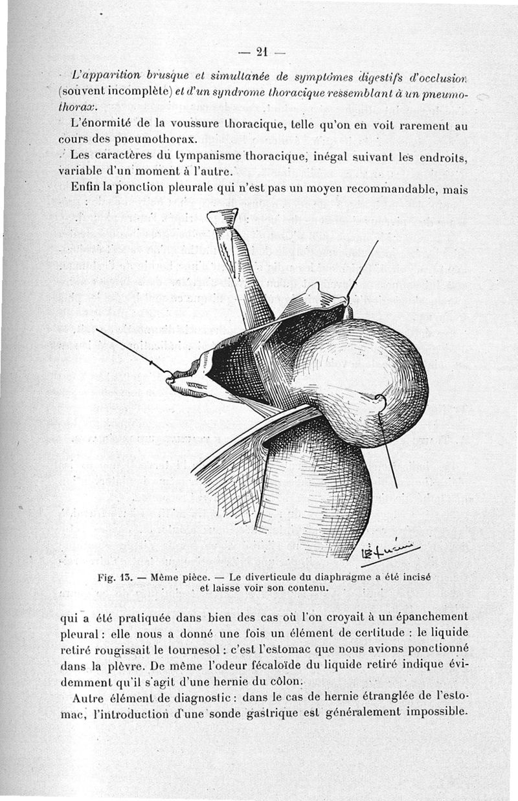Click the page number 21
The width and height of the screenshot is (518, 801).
262,52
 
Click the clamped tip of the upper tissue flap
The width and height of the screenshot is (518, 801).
223,219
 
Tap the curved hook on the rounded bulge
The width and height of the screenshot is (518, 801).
380,402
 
